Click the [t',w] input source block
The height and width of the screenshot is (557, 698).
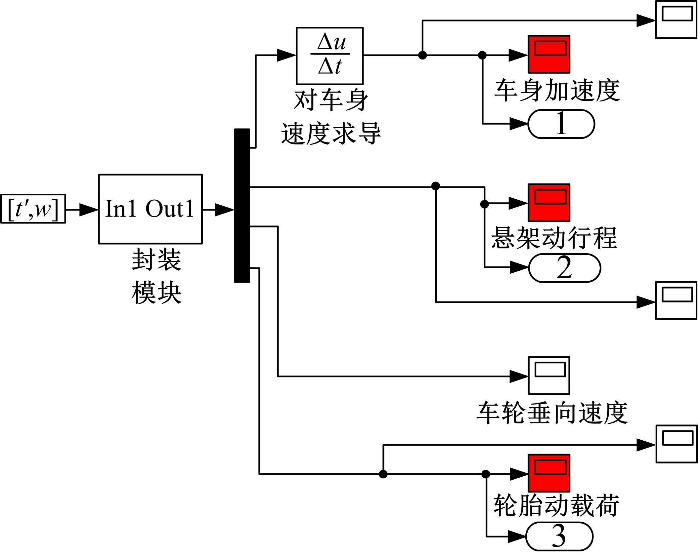33,209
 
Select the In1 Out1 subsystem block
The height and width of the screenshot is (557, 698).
150,209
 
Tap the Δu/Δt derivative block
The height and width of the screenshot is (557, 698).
329,56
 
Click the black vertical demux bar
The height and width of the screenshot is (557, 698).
242,205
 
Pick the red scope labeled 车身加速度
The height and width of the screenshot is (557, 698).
549,54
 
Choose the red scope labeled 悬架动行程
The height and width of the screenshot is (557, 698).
549,203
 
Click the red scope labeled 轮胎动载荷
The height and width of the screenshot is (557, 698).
549,473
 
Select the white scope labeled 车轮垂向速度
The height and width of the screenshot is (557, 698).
549,376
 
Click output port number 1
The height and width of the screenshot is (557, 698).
561,124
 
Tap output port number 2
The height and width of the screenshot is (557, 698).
564,268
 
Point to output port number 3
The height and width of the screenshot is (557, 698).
559,536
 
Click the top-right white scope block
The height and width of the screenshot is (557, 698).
676,20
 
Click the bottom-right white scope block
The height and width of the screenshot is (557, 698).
676,444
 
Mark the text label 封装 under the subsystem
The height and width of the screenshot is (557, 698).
156,260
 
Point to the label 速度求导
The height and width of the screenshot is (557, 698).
331,133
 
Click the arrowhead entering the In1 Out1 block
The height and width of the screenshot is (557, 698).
89,209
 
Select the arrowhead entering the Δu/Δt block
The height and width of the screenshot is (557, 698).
286,55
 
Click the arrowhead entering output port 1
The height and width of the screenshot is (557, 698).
519,124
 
